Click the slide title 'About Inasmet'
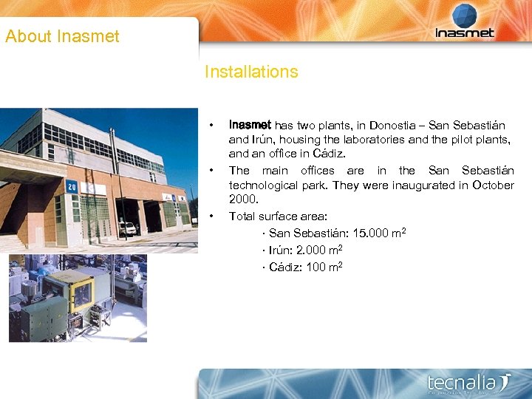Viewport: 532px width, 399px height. pyautogui.click(x=62, y=36)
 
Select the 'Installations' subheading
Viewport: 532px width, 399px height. pyautogui.click(x=251, y=72)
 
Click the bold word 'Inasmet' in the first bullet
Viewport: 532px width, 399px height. pyautogui.click(x=250, y=126)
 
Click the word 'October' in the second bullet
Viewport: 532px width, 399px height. pyautogui.click(x=493, y=185)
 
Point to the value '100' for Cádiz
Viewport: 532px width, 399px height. pyautogui.click(x=316, y=267)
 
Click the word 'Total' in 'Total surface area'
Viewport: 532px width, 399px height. pyautogui.click(x=242, y=216)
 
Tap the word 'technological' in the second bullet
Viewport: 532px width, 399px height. pyautogui.click(x=262, y=185)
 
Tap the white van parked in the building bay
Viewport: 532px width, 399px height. pyautogui.click(x=127, y=229)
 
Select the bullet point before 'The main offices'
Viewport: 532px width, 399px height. pyautogui.click(x=212, y=171)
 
